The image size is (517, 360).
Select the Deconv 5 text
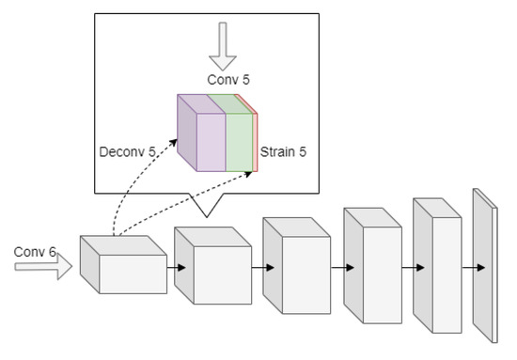click(x=127, y=149)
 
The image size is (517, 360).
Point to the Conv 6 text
click(x=36, y=252)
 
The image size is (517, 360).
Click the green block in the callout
click(x=239, y=139)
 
